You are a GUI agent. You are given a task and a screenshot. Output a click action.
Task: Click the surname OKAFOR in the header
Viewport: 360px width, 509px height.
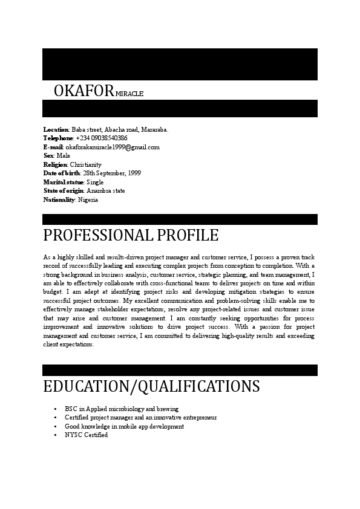click(83, 91)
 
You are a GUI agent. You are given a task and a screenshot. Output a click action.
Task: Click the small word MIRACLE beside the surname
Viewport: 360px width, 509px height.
click(129, 94)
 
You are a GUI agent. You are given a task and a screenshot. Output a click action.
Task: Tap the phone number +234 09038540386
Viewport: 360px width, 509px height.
click(102, 138)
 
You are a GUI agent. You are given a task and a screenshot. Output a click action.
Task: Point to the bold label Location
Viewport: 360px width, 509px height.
click(56, 129)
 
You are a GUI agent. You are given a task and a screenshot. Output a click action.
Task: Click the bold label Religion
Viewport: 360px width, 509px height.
click(55, 164)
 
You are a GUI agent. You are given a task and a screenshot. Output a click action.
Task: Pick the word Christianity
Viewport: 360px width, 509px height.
click(86, 164)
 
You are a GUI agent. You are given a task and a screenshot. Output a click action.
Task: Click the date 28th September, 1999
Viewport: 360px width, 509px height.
click(112, 173)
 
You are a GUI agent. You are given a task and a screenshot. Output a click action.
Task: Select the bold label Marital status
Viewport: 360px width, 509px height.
click(64, 182)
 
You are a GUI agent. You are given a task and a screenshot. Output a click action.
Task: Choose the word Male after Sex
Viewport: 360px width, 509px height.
click(63, 156)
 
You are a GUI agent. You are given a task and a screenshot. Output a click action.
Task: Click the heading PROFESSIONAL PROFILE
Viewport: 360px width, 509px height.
click(131, 235)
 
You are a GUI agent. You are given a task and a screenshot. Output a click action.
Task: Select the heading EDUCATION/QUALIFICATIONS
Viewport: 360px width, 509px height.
click(151, 386)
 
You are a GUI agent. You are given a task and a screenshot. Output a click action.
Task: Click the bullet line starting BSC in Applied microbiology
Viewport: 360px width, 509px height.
click(122, 409)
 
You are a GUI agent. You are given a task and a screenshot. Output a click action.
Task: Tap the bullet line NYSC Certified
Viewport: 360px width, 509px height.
click(86, 435)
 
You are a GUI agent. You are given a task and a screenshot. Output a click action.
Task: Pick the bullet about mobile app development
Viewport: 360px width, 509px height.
click(124, 427)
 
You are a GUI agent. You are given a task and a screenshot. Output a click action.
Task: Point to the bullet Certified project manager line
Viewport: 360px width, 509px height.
click(140, 418)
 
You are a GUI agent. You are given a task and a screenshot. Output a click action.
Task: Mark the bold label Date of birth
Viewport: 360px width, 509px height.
click(61, 173)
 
